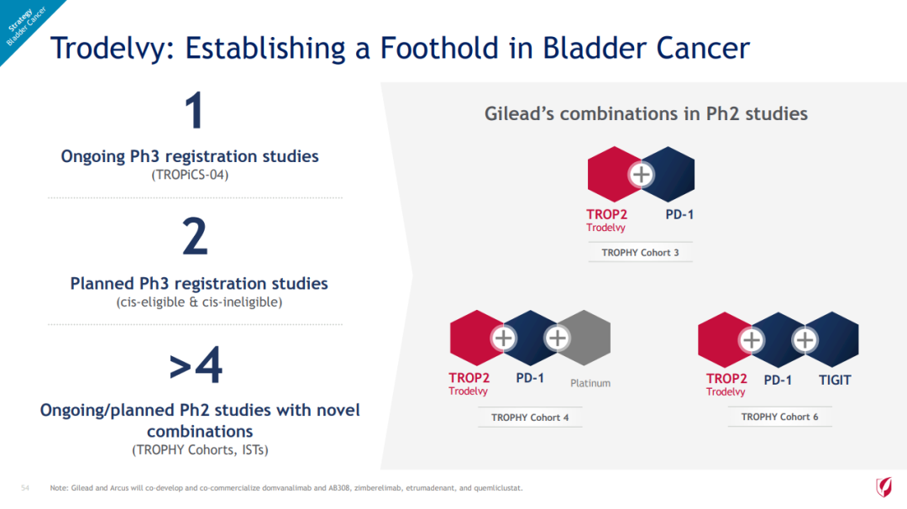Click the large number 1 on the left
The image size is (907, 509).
(x=195, y=110)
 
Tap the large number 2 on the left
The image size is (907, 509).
(x=195, y=236)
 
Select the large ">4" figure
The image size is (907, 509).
(x=196, y=365)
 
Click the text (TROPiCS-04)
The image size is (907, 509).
(x=190, y=175)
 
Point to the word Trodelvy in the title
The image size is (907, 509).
(x=108, y=47)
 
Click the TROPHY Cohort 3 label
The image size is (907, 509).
(x=640, y=252)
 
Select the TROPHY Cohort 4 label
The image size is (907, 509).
(x=530, y=417)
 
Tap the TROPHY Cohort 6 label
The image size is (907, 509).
(x=779, y=417)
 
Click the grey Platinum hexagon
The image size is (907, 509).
(x=585, y=338)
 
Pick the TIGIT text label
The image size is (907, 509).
(x=835, y=380)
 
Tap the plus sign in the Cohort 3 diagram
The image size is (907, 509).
(x=641, y=174)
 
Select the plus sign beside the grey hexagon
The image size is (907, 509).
(x=557, y=338)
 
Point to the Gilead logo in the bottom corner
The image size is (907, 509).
(x=883, y=487)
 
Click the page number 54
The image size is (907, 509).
(x=25, y=488)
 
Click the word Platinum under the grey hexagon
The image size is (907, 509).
(x=590, y=383)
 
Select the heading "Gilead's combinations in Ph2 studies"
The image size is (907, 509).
(x=646, y=113)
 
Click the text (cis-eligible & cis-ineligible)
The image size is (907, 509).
(x=199, y=302)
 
